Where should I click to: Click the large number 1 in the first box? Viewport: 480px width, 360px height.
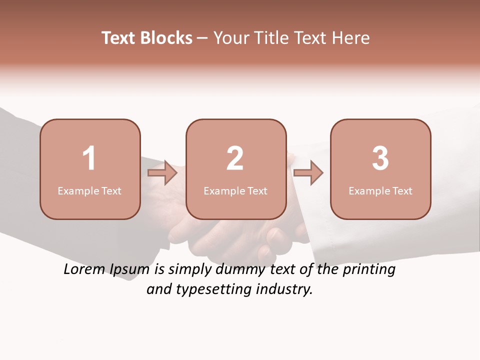click(x=89, y=158)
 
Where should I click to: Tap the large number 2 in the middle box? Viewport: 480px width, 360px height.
click(x=235, y=158)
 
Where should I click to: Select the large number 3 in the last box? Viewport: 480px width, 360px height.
click(x=380, y=158)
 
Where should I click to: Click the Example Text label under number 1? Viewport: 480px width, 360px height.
click(x=89, y=190)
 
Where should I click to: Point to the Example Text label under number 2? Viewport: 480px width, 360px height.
click(x=235, y=190)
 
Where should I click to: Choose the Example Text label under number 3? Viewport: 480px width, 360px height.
click(x=380, y=190)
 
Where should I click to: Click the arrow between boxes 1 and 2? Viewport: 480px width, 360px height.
click(x=163, y=173)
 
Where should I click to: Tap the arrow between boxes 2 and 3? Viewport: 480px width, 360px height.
click(x=308, y=173)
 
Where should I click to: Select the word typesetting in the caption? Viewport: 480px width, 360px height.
click(x=219, y=289)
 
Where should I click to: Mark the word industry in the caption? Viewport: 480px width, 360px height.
click(x=285, y=289)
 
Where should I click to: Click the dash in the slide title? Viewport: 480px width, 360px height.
click(x=202, y=38)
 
